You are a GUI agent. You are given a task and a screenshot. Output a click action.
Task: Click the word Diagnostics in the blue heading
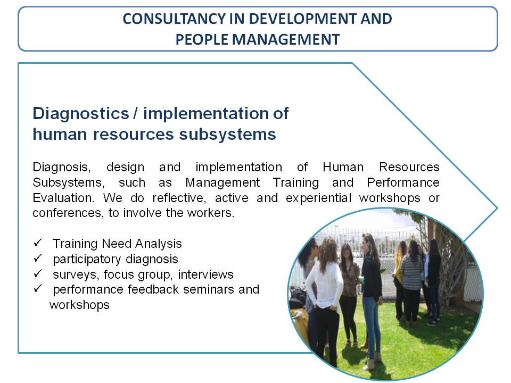tap(81, 114)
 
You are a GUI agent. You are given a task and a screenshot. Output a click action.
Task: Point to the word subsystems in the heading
tap(227, 135)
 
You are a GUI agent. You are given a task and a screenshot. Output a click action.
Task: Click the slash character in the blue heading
tap(136, 114)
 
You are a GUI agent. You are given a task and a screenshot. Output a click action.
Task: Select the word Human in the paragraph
tap(343, 167)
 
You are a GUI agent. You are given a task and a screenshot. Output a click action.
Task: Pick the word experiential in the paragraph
tap(318, 198)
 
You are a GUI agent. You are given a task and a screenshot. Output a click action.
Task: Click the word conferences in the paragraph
tap(68, 213)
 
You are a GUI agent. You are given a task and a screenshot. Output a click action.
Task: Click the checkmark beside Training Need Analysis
tap(38, 243)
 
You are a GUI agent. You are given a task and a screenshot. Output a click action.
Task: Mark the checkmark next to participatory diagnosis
tap(38, 258)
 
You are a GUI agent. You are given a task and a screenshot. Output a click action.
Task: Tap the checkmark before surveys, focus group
tap(38, 273)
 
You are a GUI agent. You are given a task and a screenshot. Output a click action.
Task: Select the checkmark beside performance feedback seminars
tap(38, 288)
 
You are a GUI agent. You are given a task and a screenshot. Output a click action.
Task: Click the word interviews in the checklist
tap(205, 274)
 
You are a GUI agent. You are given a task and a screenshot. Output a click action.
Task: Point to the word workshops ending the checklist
tap(79, 305)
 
